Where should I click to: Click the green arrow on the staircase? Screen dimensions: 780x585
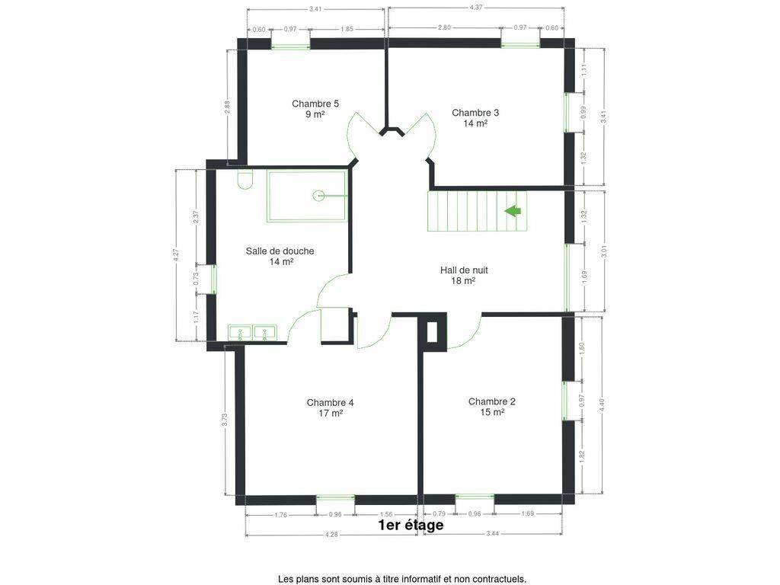point(513,211)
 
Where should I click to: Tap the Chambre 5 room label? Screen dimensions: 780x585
point(315,109)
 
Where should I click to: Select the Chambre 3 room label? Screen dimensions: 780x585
point(475,118)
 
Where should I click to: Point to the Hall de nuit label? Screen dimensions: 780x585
point(464,276)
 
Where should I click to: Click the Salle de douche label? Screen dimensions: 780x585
point(280,256)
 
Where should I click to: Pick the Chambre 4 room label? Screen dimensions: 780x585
point(331,408)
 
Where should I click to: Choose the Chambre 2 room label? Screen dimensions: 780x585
point(492,407)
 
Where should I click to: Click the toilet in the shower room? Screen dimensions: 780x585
point(245,181)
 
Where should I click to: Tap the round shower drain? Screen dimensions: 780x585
point(318,196)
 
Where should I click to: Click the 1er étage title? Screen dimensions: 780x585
point(411,525)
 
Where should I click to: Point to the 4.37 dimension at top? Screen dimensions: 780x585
point(476,8)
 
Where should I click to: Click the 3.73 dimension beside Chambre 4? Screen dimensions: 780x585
point(225,420)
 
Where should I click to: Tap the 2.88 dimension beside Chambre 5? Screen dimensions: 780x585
point(227,107)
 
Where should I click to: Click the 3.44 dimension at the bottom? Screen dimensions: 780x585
point(493,533)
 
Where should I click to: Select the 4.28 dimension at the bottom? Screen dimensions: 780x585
point(331,534)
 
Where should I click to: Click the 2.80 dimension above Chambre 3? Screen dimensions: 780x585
point(444,28)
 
